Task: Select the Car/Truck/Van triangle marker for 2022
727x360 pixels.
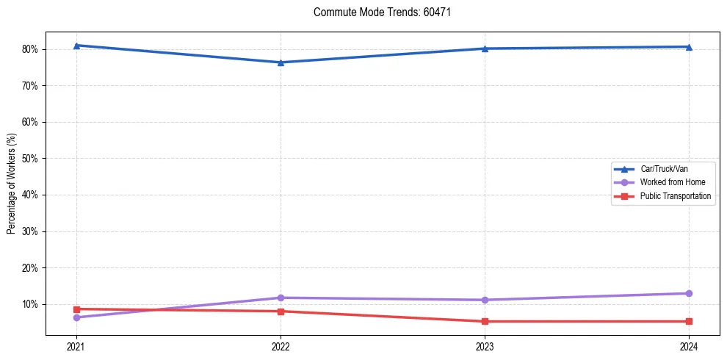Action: (x=281, y=62)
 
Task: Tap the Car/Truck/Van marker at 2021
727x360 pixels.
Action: (x=76, y=46)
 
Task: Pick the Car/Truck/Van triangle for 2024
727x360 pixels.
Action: (x=689, y=47)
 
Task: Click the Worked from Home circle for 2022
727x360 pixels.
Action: (x=281, y=298)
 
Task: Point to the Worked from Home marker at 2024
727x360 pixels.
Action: (x=689, y=293)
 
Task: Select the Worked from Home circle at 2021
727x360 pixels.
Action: (x=76, y=317)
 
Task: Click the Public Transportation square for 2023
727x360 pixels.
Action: (x=485, y=321)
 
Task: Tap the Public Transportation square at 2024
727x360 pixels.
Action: (x=689, y=321)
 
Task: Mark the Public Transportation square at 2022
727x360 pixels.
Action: (x=281, y=312)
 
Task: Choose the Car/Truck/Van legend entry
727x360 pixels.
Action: (x=664, y=169)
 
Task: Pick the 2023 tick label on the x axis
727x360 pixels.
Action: (x=485, y=346)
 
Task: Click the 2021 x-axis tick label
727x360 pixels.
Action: (x=76, y=346)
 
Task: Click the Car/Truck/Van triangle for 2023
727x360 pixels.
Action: (x=485, y=48)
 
